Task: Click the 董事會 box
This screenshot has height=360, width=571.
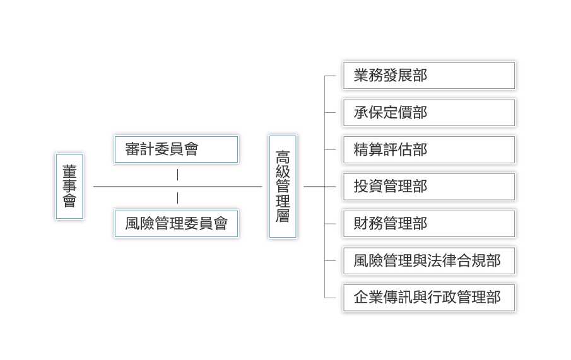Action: pos(69,187)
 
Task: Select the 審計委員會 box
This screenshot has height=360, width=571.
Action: pos(176,149)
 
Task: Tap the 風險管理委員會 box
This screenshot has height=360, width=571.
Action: pos(176,223)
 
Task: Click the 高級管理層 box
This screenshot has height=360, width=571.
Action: pos(283,187)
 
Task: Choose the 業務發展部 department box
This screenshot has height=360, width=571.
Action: pos(429,76)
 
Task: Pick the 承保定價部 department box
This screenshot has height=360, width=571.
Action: pos(429,113)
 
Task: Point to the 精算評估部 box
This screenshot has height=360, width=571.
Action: pos(429,149)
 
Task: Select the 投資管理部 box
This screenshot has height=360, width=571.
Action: pos(429,187)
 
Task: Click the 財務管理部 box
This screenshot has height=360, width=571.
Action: pos(429,223)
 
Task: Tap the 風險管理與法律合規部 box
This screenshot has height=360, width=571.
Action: pos(429,260)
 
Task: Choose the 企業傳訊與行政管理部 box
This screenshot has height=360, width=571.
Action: pos(429,297)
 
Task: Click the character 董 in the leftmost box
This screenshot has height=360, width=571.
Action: pos(69,171)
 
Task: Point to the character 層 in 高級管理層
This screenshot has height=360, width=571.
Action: pos(283,216)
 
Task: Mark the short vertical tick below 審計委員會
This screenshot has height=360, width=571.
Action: pos(177,175)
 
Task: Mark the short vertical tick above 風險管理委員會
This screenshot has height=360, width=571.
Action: pos(177,198)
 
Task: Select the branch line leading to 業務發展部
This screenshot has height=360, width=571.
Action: pos(330,76)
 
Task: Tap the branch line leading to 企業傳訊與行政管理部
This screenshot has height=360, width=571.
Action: pos(330,297)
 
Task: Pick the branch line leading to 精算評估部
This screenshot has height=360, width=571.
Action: pos(330,149)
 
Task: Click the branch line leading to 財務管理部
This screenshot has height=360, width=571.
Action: pos(330,223)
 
